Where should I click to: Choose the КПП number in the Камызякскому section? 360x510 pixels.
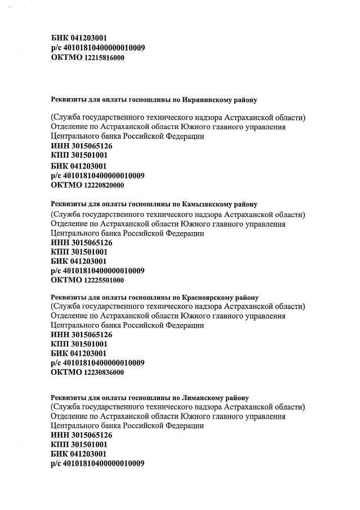89,252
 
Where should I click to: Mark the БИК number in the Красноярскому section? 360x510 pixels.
88,353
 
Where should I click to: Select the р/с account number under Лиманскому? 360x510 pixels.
104,464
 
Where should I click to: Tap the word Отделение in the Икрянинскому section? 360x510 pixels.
71,127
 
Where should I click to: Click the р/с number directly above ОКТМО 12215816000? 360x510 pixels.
104,48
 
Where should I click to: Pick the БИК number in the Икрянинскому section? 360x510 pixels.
88,166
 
